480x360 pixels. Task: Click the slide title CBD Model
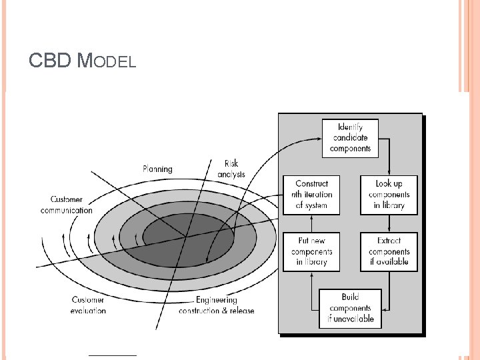click(x=83, y=62)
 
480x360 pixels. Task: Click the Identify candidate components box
click(x=350, y=138)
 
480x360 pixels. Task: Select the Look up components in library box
click(x=389, y=194)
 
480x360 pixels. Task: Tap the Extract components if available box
click(x=389, y=251)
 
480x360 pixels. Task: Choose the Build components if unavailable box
click(x=350, y=308)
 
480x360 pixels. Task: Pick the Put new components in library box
click(x=311, y=251)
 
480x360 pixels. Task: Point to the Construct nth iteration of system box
click(x=311, y=194)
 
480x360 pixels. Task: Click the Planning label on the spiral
click(x=157, y=169)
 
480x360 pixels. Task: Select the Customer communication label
click(x=71, y=205)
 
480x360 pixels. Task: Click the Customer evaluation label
click(x=88, y=305)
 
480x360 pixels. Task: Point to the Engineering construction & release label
click(x=216, y=305)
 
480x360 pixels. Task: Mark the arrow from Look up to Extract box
click(x=389, y=223)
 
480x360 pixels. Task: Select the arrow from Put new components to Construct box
click(x=311, y=223)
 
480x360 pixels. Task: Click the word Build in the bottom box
click(x=350, y=297)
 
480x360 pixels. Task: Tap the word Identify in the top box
click(x=350, y=127)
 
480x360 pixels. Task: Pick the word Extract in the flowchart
click(x=389, y=241)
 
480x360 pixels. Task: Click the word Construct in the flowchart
click(x=311, y=183)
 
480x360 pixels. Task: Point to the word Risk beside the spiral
click(x=231, y=163)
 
